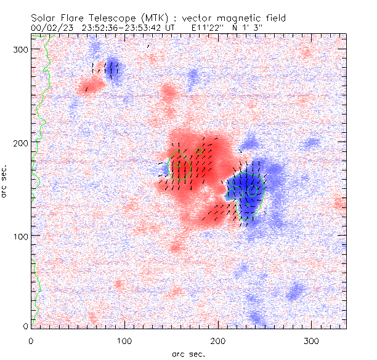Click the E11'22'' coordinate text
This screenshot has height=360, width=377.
[x=210, y=27]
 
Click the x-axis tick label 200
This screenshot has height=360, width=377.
[x=217, y=341]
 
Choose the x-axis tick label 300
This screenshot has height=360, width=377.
[x=311, y=341]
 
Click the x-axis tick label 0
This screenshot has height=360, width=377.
[x=31, y=341]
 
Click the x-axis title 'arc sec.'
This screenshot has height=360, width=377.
[x=189, y=354]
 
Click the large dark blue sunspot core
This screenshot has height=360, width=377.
[x=246, y=188]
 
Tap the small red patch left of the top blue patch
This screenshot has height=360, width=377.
[x=92, y=84]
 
